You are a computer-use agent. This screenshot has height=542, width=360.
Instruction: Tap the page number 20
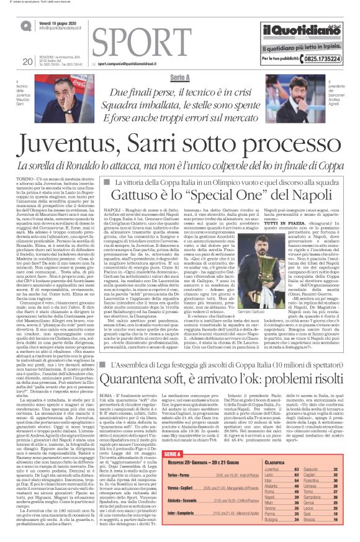(x=27, y=61)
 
